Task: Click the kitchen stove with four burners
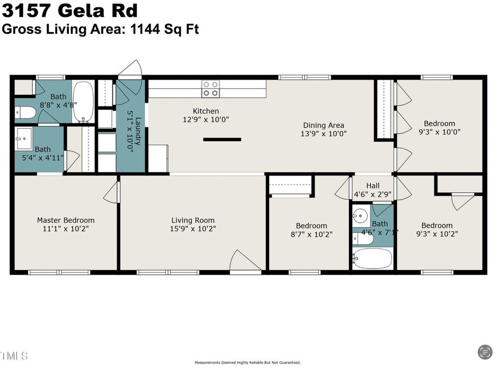tap(211, 89)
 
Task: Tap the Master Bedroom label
tap(66, 220)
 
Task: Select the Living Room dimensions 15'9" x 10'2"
tap(193, 229)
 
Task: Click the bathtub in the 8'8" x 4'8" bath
tap(83, 102)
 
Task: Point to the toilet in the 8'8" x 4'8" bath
tap(25, 112)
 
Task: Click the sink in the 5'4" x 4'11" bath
tap(24, 139)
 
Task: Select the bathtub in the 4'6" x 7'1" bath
tap(373, 258)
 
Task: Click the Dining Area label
tap(324, 125)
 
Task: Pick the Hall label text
tap(373, 186)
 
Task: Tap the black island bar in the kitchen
tap(222, 139)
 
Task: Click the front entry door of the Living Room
tap(246, 262)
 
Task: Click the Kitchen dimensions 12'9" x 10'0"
tap(206, 119)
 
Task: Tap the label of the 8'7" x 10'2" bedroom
tap(312, 226)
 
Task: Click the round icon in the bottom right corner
tap(485, 352)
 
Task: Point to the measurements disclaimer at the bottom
tap(248, 363)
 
